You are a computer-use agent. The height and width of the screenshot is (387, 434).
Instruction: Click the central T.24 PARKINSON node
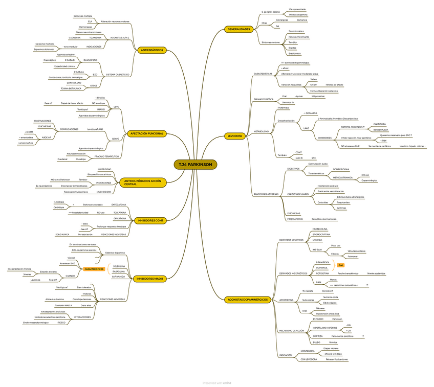pos(196,164)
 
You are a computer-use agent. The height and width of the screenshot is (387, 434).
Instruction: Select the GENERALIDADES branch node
pos(240,29)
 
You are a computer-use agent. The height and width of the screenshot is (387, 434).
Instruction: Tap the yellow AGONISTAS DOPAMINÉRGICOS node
pos(248,300)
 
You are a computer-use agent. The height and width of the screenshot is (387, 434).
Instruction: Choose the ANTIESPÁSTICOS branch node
pos(151,50)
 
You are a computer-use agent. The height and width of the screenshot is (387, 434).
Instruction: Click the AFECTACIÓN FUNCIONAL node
pos(147,133)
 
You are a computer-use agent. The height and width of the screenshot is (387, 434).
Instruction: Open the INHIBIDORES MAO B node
pos(149,279)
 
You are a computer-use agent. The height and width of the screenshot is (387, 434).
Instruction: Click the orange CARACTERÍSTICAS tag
pos(94,269)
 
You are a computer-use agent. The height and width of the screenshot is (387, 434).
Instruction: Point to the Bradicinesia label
pos(294,53)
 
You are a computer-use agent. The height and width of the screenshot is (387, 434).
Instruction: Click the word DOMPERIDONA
pos(341,169)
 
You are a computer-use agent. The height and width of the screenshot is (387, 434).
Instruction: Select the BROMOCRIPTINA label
pos(321,234)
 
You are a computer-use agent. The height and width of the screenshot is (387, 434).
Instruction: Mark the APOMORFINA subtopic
pos(287,300)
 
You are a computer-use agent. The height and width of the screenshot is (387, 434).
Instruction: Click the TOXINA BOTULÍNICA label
pos(71,88)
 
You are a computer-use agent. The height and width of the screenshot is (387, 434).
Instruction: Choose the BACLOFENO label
pos(90,60)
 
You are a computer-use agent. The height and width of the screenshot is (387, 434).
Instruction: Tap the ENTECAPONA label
pos(119,204)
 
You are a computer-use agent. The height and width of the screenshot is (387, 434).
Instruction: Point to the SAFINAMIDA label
pos(119,277)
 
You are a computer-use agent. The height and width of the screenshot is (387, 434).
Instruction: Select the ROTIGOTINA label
pos(322,274)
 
